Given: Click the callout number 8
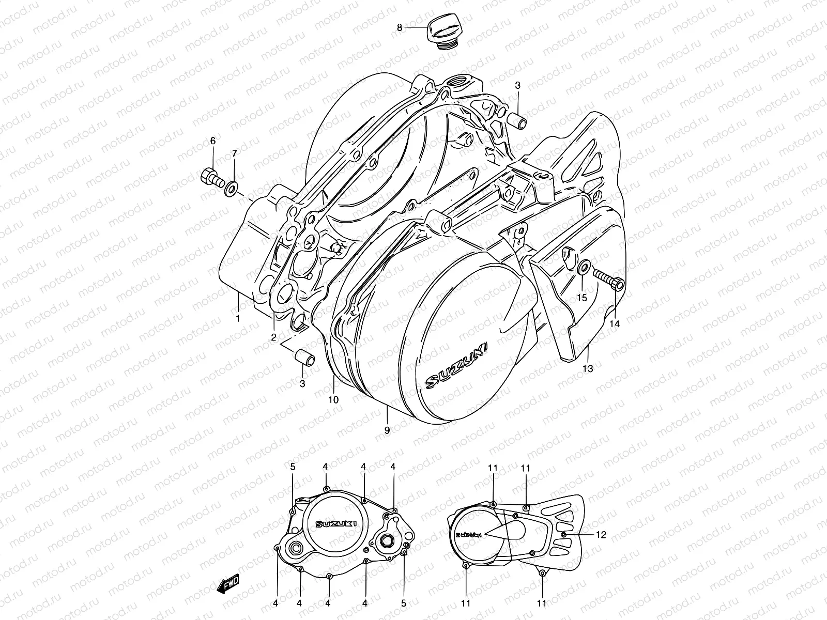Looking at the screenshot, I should click(400, 28).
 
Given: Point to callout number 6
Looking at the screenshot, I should click(212, 141).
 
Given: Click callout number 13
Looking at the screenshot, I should click(588, 368).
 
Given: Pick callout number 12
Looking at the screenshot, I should click(601, 535).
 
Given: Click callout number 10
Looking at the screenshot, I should click(333, 399).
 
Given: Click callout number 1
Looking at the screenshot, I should click(238, 318).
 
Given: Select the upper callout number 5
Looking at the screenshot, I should click(293, 467).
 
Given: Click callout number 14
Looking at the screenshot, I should click(614, 323).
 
